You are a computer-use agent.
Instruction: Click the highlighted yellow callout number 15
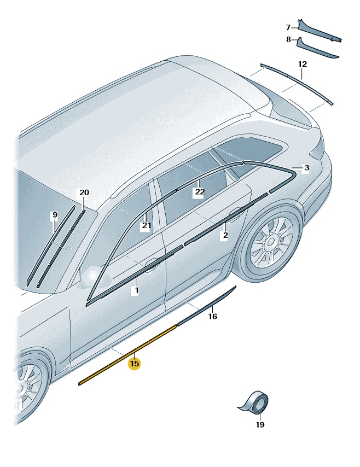tap(134, 364)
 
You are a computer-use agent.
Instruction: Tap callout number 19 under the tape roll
tap(260, 425)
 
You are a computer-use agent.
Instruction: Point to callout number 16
tap(212, 316)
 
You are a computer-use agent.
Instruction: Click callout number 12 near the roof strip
tap(302, 64)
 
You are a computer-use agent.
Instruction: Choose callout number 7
tap(288, 28)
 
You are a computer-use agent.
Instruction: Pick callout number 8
tap(288, 39)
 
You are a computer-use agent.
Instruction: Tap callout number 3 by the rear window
tap(306, 168)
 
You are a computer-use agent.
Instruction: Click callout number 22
tap(200, 192)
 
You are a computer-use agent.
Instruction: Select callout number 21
tap(146, 225)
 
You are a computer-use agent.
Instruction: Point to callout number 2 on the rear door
tap(225, 235)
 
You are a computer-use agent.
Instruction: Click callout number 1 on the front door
tap(136, 290)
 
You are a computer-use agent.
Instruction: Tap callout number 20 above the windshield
tap(84, 192)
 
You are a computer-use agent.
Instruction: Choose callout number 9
tap(55, 215)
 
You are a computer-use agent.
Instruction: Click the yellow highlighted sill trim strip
tap(127, 355)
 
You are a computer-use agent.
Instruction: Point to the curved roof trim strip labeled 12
tap(297, 84)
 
